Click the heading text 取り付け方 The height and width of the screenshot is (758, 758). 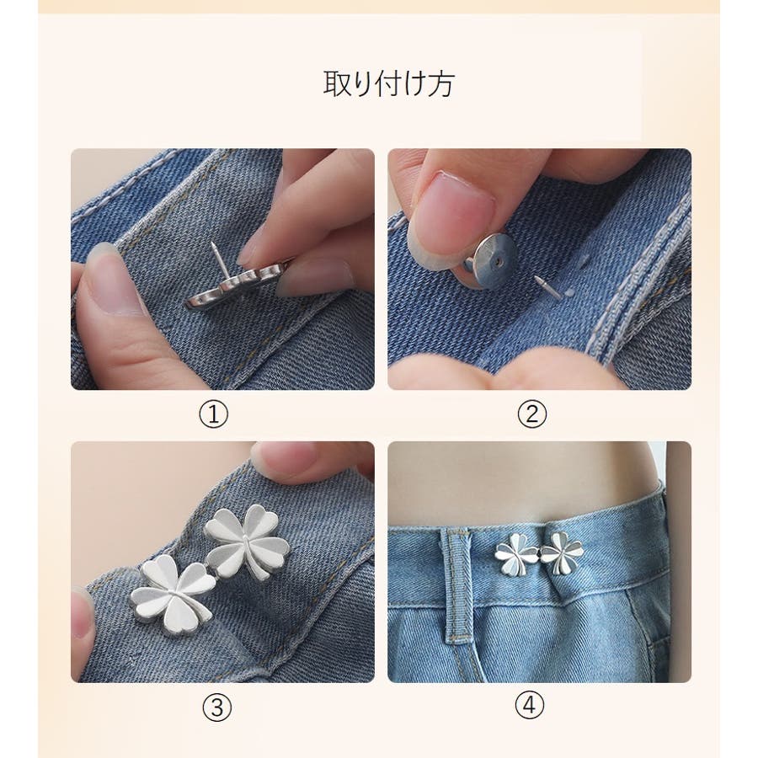click(389, 84)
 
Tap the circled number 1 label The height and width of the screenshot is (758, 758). click(214, 414)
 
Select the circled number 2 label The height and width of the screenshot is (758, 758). click(532, 414)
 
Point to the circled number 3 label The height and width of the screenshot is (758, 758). click(217, 708)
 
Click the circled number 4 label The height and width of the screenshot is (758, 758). click(530, 705)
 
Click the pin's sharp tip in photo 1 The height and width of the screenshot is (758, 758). click(213, 245)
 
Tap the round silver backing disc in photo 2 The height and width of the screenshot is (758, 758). click(492, 261)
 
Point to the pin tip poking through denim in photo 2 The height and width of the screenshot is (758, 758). click(538, 280)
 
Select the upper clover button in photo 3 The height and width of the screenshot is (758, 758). click(247, 541)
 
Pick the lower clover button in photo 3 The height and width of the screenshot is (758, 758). click(173, 594)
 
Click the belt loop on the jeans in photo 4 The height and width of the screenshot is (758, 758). click(456, 585)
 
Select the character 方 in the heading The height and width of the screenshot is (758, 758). click(441, 84)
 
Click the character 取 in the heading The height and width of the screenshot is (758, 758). click(337, 84)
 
